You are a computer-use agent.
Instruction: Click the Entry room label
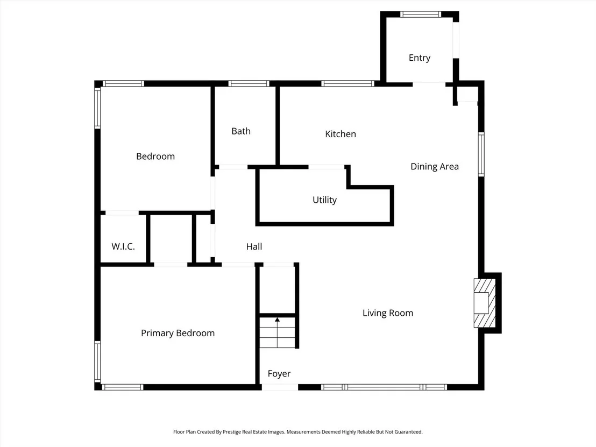420,58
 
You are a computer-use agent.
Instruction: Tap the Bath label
241,131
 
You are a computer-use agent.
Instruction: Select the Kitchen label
340,134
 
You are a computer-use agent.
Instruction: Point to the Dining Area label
435,167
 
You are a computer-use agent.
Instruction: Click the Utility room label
324,200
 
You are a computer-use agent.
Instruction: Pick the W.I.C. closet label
123,246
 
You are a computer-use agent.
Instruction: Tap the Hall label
254,247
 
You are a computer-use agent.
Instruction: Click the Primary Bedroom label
178,334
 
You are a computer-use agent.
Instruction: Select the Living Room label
388,313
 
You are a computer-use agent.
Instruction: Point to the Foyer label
279,374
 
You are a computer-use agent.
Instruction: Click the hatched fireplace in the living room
485,303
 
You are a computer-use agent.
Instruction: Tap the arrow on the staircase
278,332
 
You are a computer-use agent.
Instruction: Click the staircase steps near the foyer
278,332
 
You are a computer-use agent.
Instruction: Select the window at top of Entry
420,15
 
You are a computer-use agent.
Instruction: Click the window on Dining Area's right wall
481,154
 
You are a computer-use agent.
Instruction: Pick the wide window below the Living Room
384,387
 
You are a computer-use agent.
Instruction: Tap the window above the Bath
249,83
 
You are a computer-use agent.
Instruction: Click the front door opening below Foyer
280,387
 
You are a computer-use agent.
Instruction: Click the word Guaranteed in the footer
408,432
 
